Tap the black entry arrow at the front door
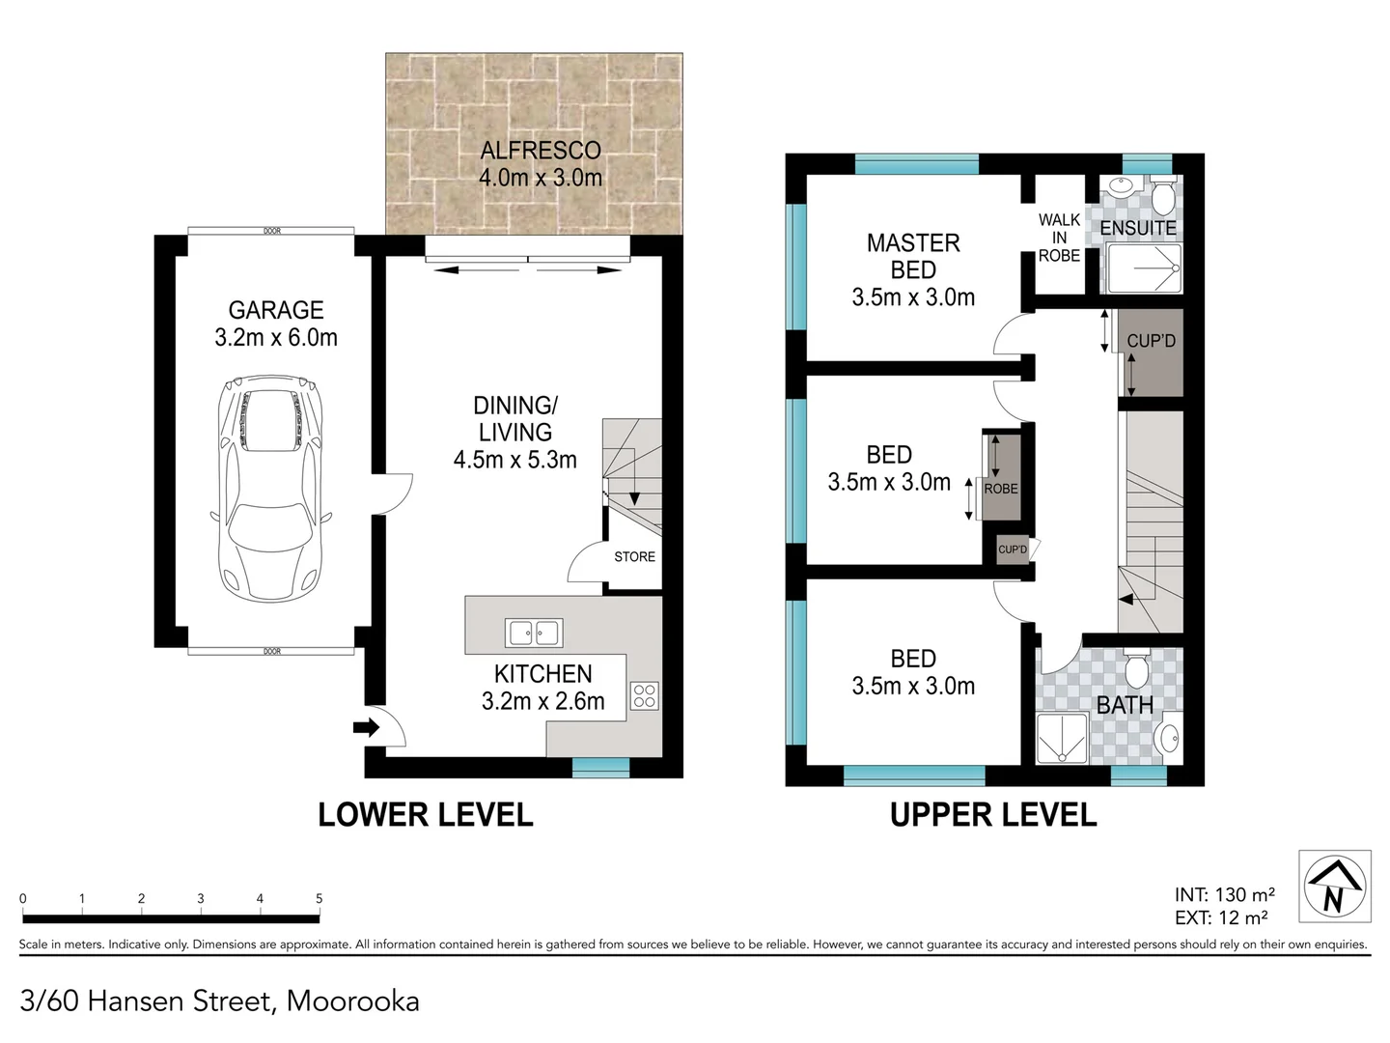point(367,727)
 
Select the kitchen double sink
point(534,634)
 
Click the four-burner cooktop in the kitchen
point(645,695)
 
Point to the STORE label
point(634,557)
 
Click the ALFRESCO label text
point(541,151)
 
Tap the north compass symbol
point(1334,886)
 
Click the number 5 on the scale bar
point(319,898)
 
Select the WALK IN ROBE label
point(1059,238)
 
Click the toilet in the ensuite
point(1163,197)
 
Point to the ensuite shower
point(1144,268)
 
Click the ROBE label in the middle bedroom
point(1001,489)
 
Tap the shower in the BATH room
point(1062,739)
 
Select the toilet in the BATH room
point(1136,667)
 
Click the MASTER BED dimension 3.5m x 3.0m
point(913,297)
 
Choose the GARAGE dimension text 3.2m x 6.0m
point(276,338)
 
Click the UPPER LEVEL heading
point(993,815)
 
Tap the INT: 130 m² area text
point(1224,895)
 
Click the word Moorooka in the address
point(352,1001)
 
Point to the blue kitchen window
point(600,767)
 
